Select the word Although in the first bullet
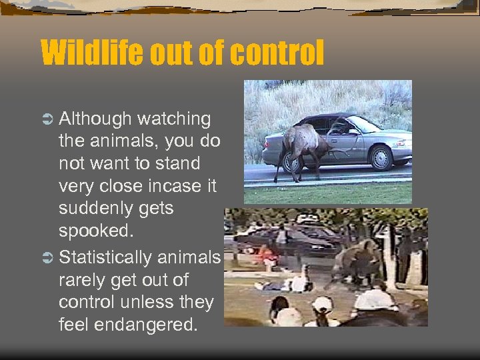(95, 119)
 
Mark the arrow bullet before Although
(47, 120)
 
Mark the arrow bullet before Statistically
(47, 258)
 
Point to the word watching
(174, 119)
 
